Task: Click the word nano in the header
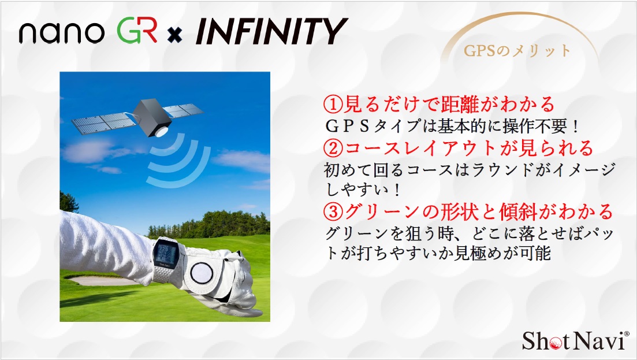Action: click(61, 32)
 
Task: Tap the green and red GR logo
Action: click(137, 31)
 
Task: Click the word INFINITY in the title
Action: click(271, 31)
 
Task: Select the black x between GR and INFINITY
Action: click(174, 36)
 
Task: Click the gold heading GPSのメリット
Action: click(517, 50)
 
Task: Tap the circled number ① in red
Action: click(333, 105)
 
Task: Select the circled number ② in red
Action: click(333, 149)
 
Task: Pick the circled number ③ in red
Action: click(333, 211)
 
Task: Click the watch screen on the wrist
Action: click(166, 253)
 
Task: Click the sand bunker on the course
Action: click(99, 280)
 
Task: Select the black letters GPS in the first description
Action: click(347, 127)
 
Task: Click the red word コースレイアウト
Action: click(421, 149)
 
